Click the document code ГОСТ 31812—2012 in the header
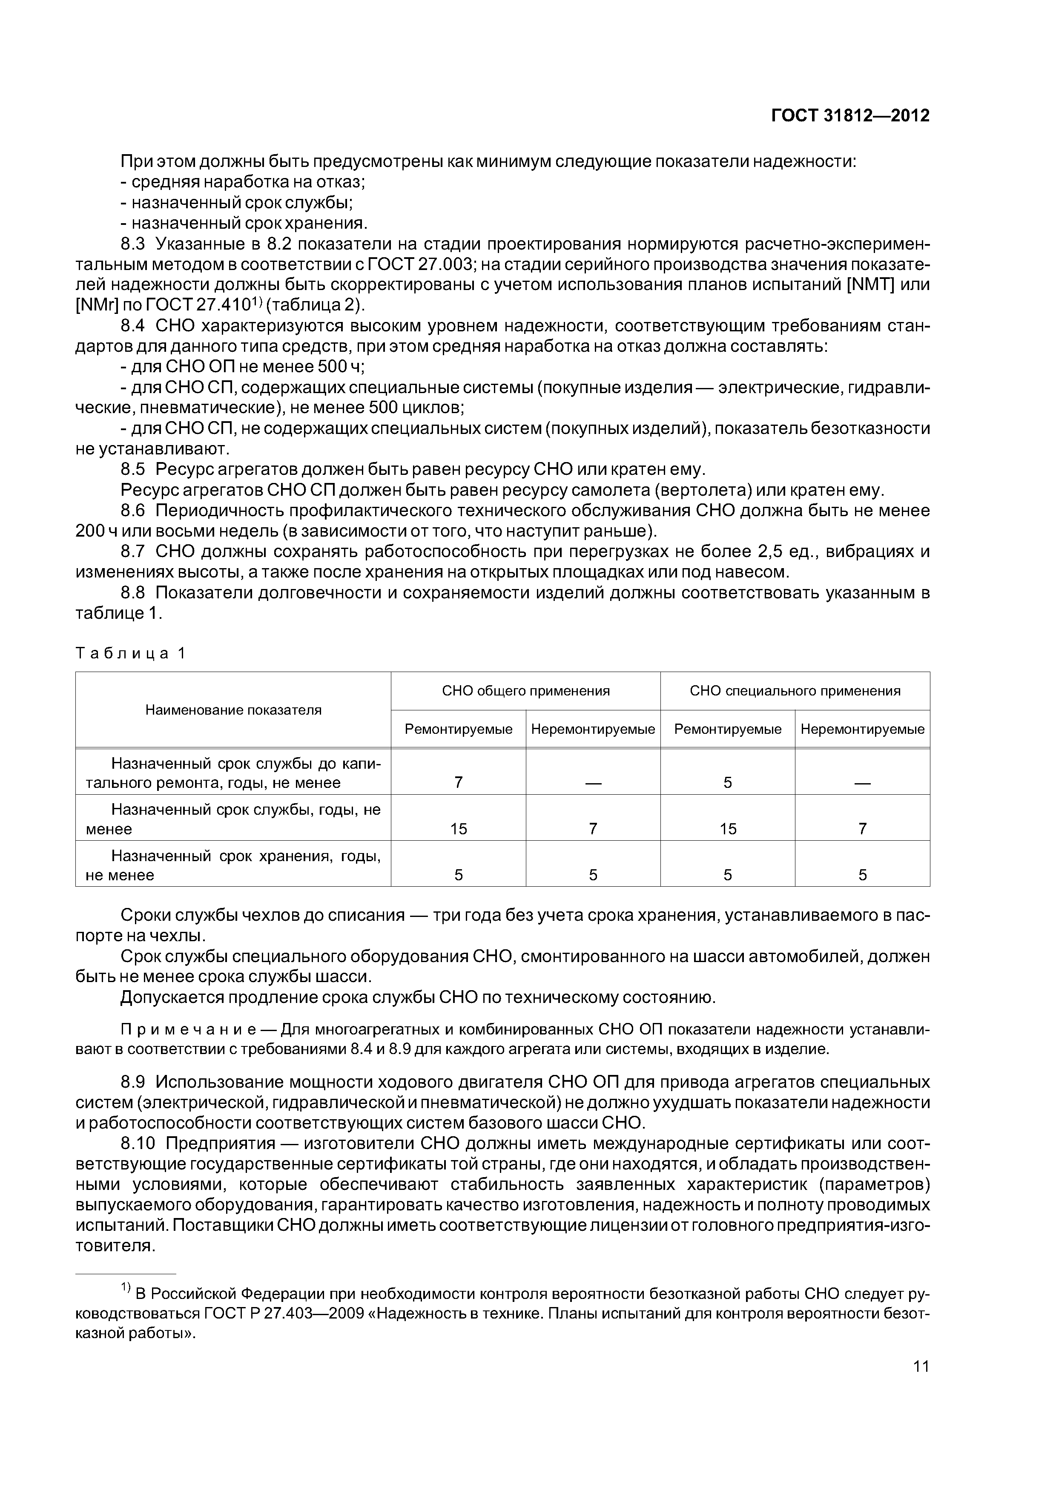tap(850, 116)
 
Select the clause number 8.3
tap(133, 244)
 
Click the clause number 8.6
tap(133, 511)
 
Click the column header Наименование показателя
tap(233, 710)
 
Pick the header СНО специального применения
tap(795, 691)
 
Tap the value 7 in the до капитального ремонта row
tap(458, 783)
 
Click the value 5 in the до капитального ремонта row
tap(727, 783)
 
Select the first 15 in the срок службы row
tap(458, 829)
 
